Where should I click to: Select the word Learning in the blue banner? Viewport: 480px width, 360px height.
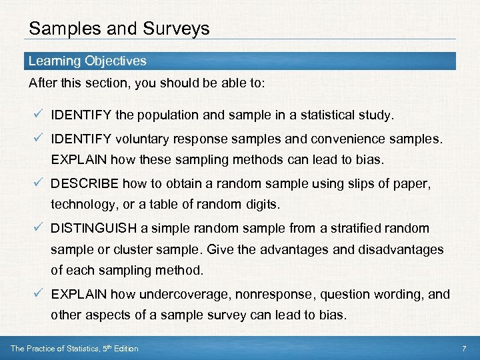click(54, 61)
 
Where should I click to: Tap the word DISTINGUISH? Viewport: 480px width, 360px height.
click(93, 229)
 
